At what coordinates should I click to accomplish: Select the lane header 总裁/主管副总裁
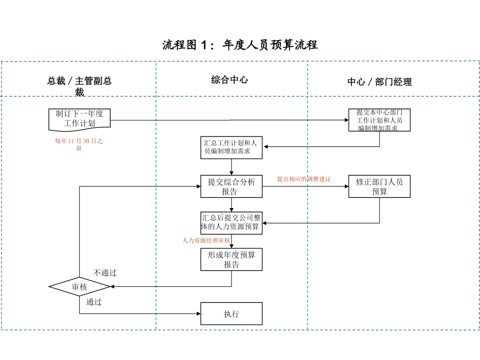(79, 86)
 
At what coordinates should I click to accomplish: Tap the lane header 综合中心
(229, 80)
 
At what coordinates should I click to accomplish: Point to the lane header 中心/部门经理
(379, 82)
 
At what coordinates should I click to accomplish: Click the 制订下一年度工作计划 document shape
(79, 119)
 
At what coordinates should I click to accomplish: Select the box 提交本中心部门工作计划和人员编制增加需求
(379, 120)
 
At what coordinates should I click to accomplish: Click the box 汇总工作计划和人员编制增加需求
(231, 147)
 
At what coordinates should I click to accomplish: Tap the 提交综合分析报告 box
(231, 186)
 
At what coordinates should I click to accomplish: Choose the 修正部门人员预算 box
(379, 186)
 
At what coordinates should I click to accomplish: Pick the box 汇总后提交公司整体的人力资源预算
(231, 223)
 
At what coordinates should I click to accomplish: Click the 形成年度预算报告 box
(231, 260)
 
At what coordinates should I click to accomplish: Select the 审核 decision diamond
(79, 287)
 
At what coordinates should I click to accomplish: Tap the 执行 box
(231, 314)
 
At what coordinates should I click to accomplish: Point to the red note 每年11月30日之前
(79, 145)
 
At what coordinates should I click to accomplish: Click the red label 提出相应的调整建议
(304, 179)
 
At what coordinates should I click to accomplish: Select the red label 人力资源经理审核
(206, 241)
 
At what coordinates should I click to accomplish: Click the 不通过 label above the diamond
(105, 273)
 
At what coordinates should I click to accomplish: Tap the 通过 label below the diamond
(94, 302)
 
